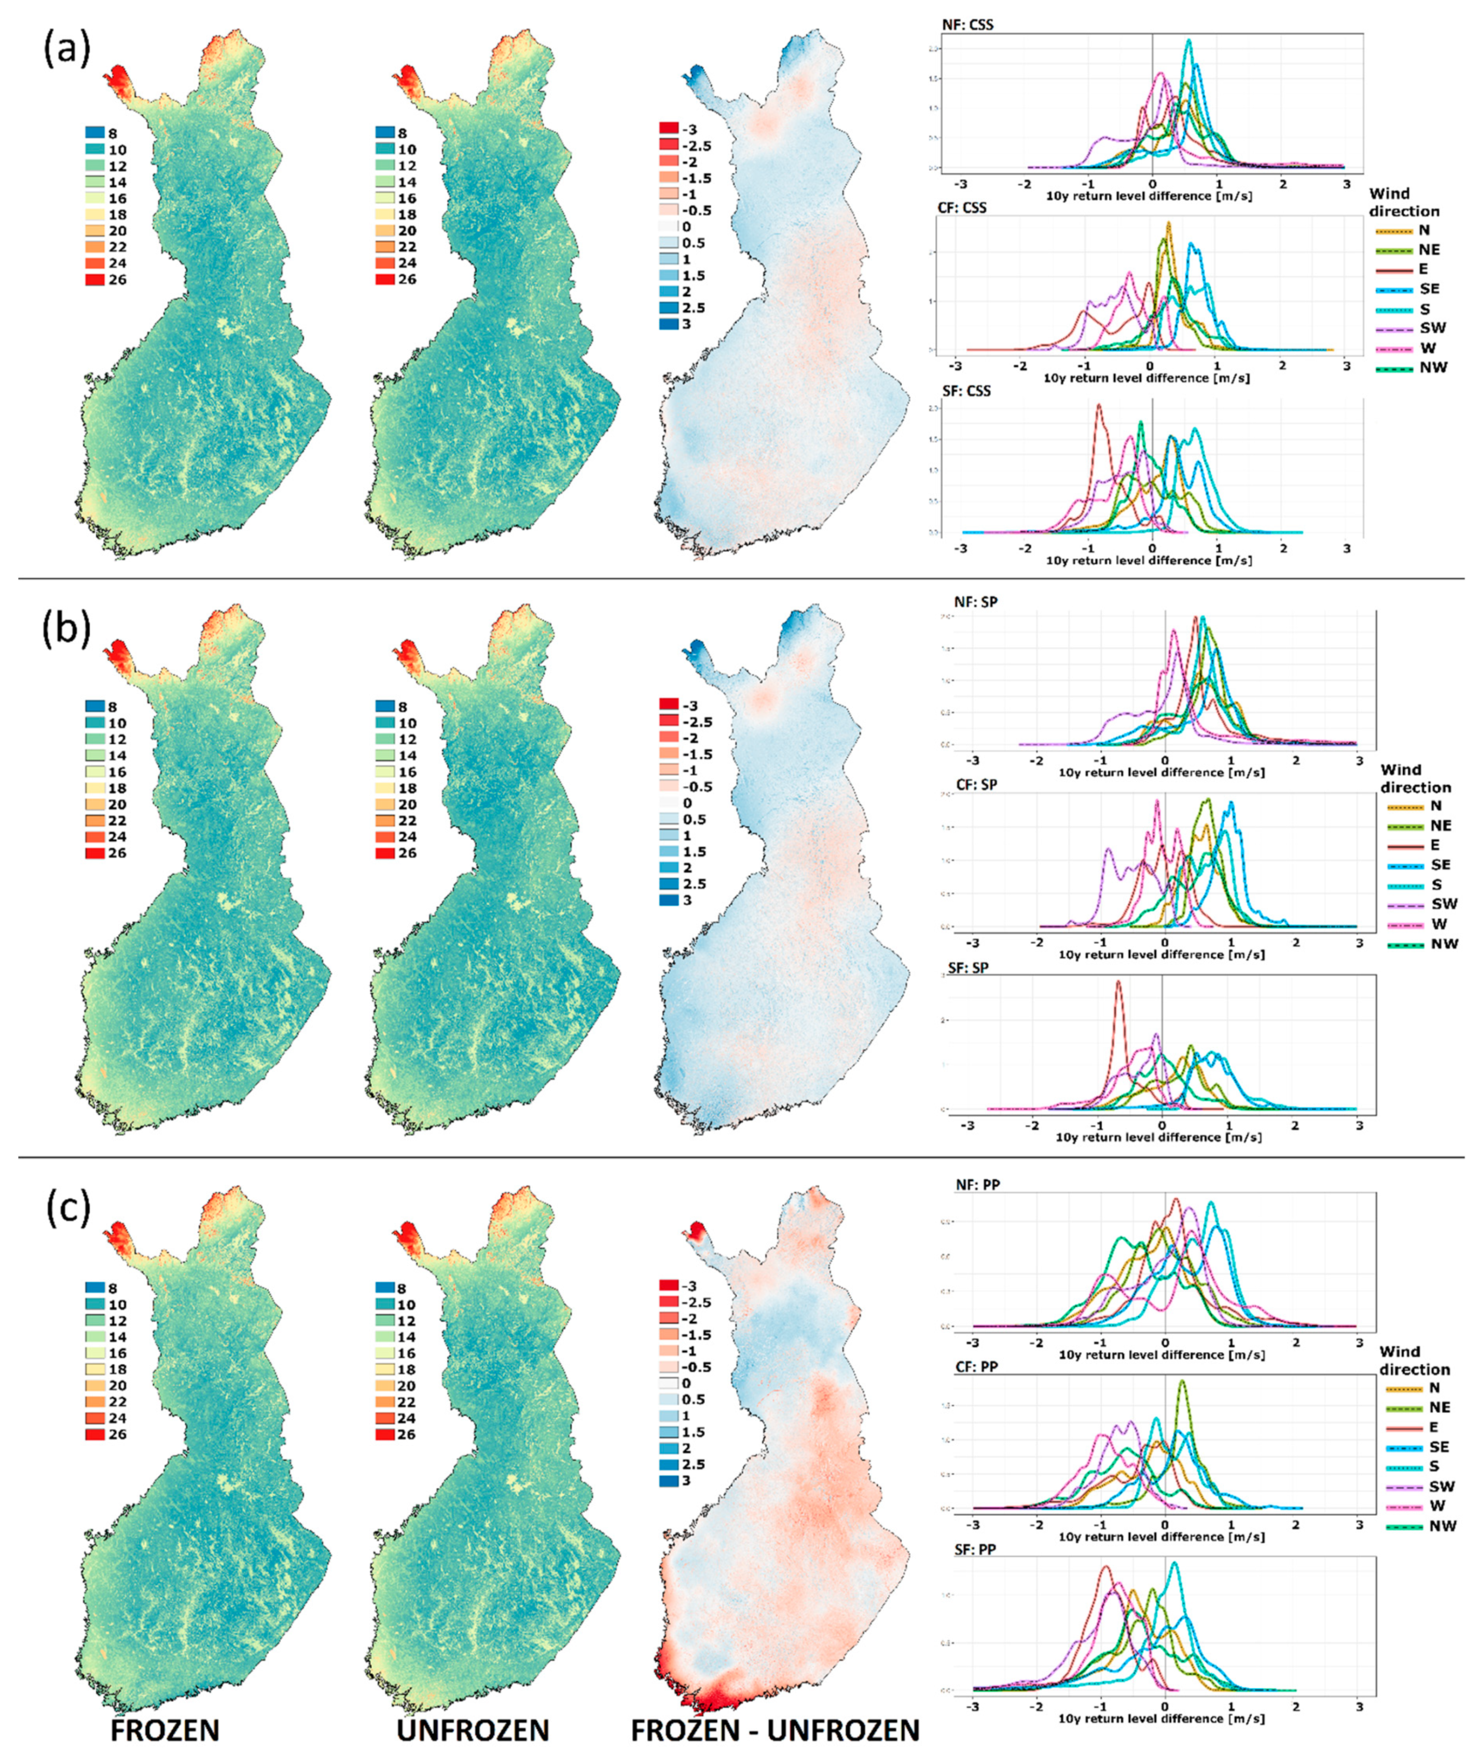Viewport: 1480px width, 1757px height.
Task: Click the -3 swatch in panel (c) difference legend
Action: coord(669,1286)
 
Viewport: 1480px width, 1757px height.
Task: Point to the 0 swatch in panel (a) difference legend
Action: coord(669,227)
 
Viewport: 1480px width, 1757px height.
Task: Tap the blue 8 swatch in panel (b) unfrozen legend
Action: coord(385,707)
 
